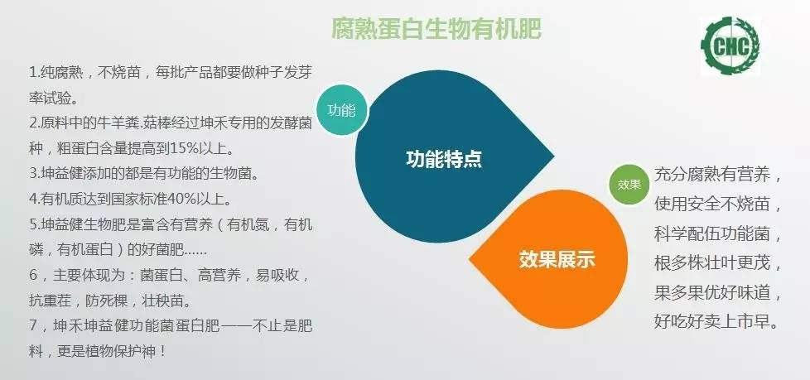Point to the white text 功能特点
[443, 158]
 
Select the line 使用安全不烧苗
[718, 204]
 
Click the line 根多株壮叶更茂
[718, 263]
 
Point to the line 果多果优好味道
[718, 293]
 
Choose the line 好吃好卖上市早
[718, 323]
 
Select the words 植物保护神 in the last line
[121, 351]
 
